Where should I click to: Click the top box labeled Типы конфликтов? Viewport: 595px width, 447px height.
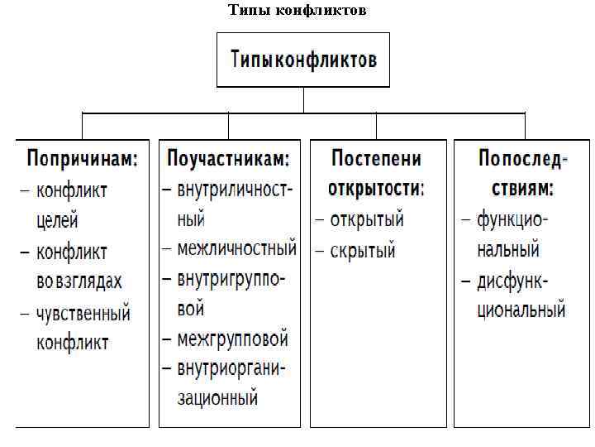[x=303, y=60]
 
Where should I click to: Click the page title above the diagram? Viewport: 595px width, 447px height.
[x=297, y=11]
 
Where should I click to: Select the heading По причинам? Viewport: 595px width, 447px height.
[x=82, y=158]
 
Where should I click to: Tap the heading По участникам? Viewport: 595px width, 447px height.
[x=229, y=158]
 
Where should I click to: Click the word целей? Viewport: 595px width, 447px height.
[x=57, y=220]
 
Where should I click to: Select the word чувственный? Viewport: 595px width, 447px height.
[x=83, y=313]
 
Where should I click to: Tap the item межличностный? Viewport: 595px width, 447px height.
[x=236, y=248]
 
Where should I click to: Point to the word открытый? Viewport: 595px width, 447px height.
[x=366, y=219]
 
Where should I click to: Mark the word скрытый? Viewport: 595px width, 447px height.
[x=363, y=249]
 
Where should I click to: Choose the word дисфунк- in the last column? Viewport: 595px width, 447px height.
[x=513, y=280]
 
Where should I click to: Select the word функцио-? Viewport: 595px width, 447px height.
[x=514, y=219]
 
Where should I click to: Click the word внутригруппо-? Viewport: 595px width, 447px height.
[x=231, y=279]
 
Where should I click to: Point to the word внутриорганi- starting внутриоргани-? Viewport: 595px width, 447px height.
[x=231, y=368]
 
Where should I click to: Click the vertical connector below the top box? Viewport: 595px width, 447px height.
[x=303, y=99]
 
